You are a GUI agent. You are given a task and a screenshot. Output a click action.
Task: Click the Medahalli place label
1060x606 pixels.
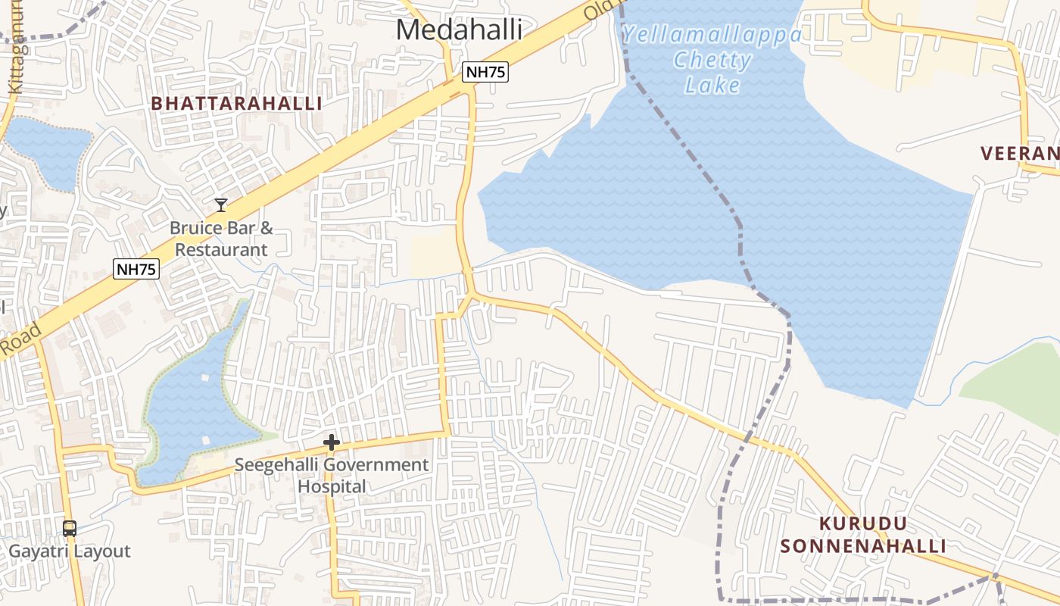(459, 30)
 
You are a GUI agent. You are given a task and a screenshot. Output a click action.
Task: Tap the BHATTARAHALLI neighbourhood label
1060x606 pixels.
(236, 104)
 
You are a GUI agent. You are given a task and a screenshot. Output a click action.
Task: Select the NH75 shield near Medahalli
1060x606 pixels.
(485, 72)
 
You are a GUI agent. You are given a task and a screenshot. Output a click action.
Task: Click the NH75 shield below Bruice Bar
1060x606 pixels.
(137, 268)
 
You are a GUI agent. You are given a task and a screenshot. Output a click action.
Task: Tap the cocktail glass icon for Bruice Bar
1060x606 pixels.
(220, 205)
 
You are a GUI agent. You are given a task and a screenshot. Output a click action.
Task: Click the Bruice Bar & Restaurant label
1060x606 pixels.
(221, 239)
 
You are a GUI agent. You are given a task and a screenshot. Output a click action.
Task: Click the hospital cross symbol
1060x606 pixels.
(331, 442)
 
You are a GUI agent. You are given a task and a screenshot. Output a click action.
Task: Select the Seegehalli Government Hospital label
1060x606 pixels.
(332, 475)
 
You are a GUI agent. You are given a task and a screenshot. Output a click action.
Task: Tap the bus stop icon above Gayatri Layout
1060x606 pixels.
(70, 528)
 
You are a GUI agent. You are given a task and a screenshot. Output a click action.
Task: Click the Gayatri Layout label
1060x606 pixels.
(70, 551)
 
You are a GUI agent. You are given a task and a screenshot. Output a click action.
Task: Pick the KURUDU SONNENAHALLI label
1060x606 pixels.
(863, 535)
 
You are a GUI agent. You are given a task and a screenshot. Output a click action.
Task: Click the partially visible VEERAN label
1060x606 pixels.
(1019, 154)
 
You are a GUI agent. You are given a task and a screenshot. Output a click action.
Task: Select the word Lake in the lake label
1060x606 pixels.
(712, 85)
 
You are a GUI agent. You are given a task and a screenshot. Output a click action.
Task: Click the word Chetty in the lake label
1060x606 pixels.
(712, 60)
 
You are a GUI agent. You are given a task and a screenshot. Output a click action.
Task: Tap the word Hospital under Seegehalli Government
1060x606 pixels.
(332, 486)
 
